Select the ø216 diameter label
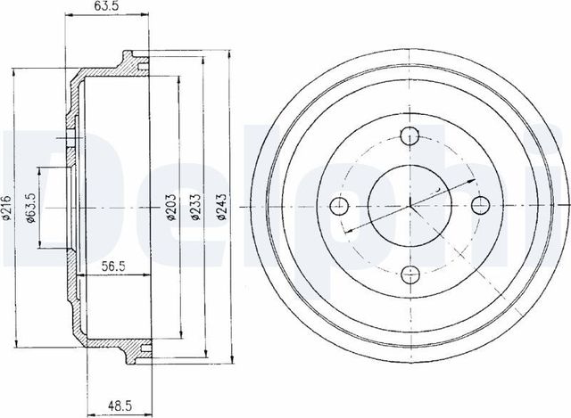(x=8, y=208)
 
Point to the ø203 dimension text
(x=171, y=207)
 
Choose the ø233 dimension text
(x=196, y=207)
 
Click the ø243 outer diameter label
(x=222, y=207)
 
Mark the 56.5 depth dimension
(x=113, y=266)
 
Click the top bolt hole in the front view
(x=410, y=136)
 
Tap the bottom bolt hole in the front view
(x=410, y=275)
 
